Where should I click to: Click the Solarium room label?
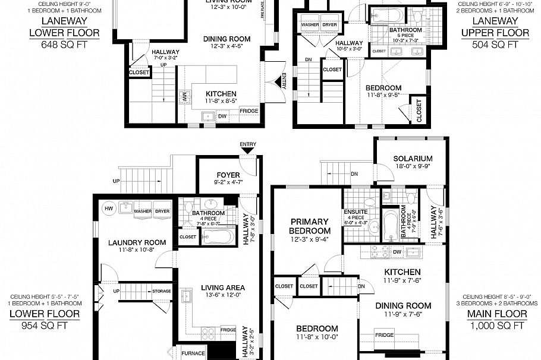(412, 159)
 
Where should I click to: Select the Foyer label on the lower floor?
(228, 175)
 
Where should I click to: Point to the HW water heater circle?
(109, 209)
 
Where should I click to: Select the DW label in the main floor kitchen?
(397, 252)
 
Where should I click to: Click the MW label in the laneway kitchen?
(184, 96)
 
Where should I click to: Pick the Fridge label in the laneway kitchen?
(249, 111)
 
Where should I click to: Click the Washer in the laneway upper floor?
(310, 25)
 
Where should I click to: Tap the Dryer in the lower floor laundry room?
(162, 211)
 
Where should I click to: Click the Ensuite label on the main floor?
(356, 212)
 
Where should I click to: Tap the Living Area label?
(223, 288)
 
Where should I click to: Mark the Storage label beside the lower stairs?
(161, 291)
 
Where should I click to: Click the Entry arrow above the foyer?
(247, 150)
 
